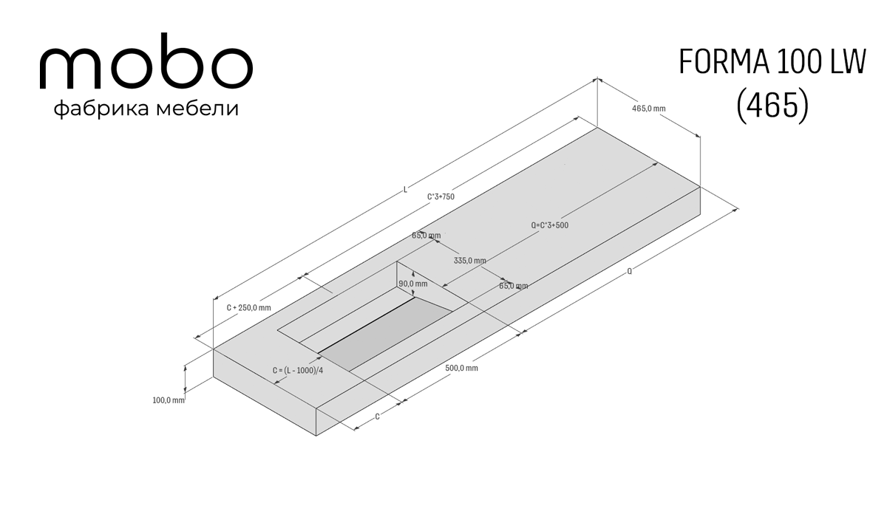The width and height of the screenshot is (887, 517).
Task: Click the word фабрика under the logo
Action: pos(101,109)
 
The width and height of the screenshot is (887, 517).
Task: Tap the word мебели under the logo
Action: pos(197,108)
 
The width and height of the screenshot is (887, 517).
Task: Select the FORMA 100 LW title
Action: pos(772,62)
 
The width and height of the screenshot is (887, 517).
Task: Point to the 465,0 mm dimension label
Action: pos(649,109)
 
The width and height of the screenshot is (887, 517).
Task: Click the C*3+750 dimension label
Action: pos(441,196)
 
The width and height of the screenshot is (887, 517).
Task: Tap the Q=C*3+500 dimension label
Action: pos(550,225)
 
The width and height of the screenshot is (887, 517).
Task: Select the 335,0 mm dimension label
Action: pos(469,261)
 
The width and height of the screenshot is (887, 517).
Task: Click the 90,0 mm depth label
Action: pos(413,284)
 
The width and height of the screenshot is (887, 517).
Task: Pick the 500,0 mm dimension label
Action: pos(461,368)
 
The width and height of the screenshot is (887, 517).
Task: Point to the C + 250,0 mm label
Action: pos(248,308)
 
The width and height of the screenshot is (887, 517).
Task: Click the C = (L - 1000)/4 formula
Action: pos(298,371)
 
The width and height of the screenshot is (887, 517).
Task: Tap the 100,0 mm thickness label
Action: pos(169,400)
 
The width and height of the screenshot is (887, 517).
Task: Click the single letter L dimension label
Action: pos(405,190)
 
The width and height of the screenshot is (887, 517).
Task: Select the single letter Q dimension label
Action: pos(629,271)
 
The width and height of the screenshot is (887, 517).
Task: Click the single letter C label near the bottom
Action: pos(378,417)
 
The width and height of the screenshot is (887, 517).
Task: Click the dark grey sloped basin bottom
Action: pos(386,332)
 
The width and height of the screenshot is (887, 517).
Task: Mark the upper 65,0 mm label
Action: pos(426,236)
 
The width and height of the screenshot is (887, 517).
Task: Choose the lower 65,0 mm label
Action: pos(513,286)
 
